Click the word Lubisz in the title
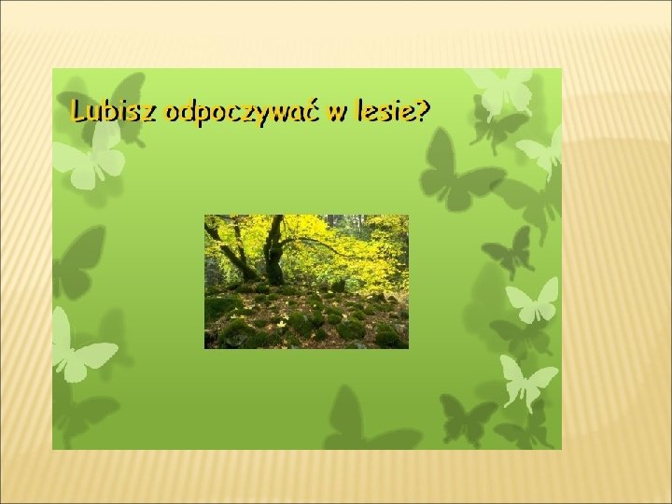click(114, 111)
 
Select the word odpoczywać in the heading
click(243, 113)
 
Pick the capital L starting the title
click(78, 111)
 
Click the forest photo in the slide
click(306, 282)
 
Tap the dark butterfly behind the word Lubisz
click(107, 107)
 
